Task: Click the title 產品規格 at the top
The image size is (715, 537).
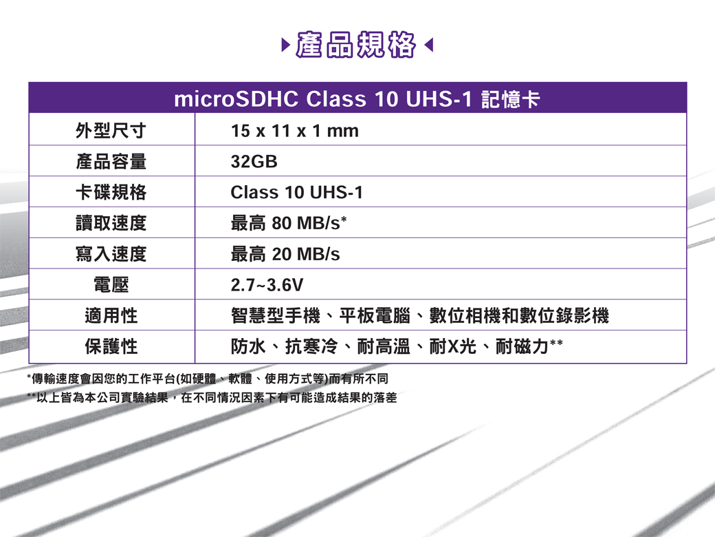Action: point(355,45)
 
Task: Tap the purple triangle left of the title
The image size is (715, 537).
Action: point(286,45)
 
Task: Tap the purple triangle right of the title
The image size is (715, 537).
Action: point(428,45)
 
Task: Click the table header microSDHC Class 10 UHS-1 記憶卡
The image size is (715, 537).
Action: point(357,98)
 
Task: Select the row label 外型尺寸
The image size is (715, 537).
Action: point(111,131)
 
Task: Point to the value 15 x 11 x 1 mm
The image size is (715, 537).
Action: point(294,131)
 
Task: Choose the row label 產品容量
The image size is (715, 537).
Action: point(111,161)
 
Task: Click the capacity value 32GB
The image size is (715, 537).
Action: point(254,162)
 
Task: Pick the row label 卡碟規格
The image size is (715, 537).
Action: point(111,192)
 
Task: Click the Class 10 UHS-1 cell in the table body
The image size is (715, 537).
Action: point(297,192)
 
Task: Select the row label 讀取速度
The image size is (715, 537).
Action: point(111,223)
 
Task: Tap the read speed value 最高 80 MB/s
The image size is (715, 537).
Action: point(289,223)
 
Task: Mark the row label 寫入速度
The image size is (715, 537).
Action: point(111,254)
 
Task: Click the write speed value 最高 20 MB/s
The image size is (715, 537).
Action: point(285,254)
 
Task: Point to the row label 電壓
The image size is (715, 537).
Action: point(111,285)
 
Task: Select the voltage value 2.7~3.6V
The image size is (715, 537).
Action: point(267,285)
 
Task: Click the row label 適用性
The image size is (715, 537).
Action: point(111,315)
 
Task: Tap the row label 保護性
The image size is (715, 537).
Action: point(111,346)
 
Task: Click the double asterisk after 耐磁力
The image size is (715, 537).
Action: point(556,342)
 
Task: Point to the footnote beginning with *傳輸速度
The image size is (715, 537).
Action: point(208,379)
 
